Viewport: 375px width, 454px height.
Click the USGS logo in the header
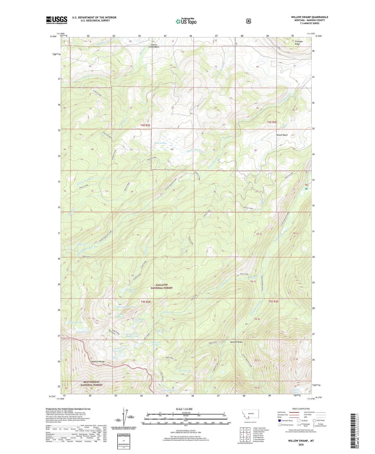point(56,20)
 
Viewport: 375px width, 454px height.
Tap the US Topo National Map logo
point(186,21)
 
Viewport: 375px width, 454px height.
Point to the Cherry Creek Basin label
point(154,46)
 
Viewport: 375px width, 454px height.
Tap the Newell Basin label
point(282,135)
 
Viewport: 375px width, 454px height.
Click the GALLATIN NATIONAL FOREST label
point(161,286)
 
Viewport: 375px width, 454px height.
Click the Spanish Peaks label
point(236,342)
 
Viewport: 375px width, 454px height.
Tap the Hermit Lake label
point(185,371)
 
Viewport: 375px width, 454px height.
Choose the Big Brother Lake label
point(131,291)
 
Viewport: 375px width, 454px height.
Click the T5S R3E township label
point(273,301)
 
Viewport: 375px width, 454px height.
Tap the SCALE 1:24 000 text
point(184,409)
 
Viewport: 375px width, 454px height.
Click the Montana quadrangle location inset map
point(250,416)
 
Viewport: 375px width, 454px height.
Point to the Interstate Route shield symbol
point(279,420)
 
